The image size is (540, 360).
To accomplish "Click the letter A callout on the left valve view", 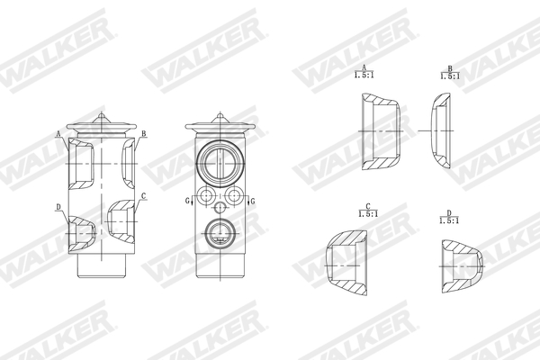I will (58, 134).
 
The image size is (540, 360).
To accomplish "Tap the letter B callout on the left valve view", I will (143, 134).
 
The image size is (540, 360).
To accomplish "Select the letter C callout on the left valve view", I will (143, 195).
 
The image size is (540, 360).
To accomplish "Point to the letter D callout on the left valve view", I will (58, 207).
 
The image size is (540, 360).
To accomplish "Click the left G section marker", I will (187, 201).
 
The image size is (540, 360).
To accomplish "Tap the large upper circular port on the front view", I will (220, 162).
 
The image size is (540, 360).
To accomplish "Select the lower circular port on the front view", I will (220, 234).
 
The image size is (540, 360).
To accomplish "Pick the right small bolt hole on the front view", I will (234, 196).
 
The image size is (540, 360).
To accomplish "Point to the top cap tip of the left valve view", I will (102, 114).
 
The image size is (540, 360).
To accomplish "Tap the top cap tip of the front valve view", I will (220, 114).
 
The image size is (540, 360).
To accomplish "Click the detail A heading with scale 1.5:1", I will (364, 71).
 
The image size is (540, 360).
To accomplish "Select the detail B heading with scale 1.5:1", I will (449, 72).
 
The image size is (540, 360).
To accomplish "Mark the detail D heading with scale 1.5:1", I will (449, 217).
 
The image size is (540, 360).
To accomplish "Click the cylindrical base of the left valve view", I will (102, 264).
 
